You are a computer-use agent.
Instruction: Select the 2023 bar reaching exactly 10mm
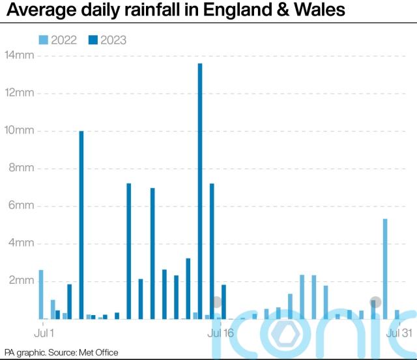tap(81, 225)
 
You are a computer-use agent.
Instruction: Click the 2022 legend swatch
tap(43, 40)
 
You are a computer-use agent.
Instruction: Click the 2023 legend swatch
tap(93, 40)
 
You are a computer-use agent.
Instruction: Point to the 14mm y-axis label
tap(20, 55)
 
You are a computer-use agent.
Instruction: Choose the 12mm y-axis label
tap(20, 93)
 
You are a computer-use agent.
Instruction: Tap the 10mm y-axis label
tap(20, 131)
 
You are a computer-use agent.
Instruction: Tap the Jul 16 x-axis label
tap(220, 333)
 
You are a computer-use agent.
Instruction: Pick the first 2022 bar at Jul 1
tap(41, 294)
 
